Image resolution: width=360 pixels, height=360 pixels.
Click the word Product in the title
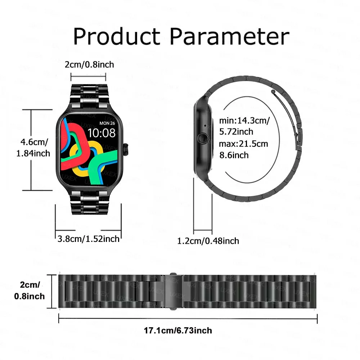pos(117,36)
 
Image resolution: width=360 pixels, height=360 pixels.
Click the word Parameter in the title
pos(230,36)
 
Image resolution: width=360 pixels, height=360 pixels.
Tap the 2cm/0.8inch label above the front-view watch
pos(89,64)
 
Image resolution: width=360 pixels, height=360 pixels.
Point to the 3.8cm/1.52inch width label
pos(89,238)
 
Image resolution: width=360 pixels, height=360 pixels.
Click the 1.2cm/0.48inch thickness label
pos(208,241)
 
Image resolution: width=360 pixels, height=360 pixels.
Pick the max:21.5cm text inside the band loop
pos(243,144)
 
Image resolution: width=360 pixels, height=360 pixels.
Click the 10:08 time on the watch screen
pos(102,133)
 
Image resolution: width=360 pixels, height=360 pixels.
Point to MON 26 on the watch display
pos(107,123)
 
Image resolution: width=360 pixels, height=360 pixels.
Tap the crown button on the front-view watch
pos(126,149)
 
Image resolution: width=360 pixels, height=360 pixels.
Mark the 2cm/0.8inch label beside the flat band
pos(30,291)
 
